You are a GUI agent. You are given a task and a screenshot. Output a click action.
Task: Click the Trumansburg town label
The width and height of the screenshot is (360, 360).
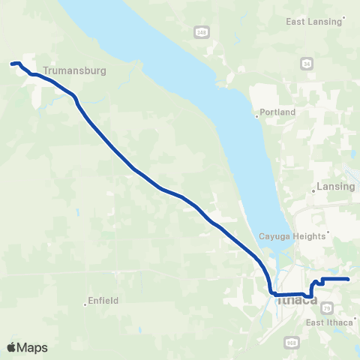pyautogui.click(x=76, y=70)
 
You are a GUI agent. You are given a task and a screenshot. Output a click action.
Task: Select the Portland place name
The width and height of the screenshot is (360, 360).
pyautogui.click(x=278, y=112)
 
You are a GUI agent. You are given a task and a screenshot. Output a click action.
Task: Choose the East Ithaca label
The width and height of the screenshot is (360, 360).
pyautogui.click(x=330, y=322)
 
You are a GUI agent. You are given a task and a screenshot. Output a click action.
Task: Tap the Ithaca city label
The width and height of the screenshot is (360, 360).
pyautogui.click(x=297, y=301)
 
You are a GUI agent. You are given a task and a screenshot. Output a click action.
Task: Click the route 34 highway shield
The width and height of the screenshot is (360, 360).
pyautogui.click(x=307, y=64)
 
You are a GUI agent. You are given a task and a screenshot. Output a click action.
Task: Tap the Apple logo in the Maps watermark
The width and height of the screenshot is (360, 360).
pyautogui.click(x=11, y=347)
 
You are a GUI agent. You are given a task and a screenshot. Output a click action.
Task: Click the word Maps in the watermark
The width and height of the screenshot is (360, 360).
pyautogui.click(x=34, y=348)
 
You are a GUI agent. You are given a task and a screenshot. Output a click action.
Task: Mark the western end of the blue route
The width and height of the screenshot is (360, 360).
pyautogui.click(x=11, y=64)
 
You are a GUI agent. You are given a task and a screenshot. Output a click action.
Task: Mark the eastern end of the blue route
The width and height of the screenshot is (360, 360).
pyautogui.click(x=349, y=280)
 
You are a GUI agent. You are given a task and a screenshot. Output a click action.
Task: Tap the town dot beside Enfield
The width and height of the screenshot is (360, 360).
pyautogui.click(x=85, y=304)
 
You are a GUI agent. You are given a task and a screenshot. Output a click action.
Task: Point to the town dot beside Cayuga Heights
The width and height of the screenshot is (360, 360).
pyautogui.click(x=328, y=235)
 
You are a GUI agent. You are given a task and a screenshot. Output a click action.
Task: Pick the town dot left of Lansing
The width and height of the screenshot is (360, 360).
pyautogui.click(x=313, y=192)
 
